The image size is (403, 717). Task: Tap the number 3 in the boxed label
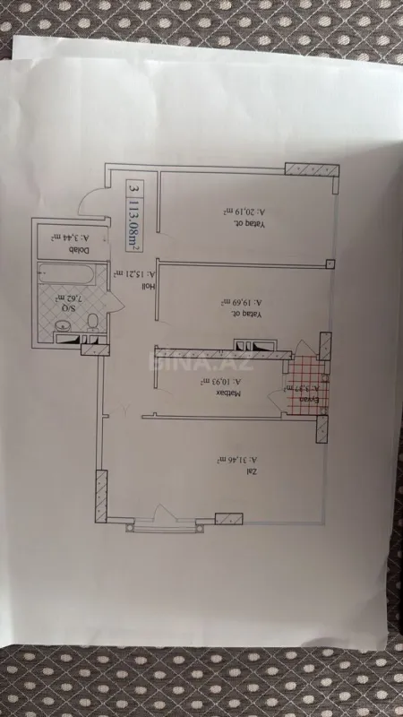click(133, 189)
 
